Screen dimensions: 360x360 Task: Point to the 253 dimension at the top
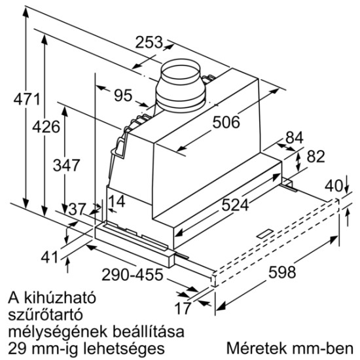[150, 43]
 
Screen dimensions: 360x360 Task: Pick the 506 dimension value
[225, 122]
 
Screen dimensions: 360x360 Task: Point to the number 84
[295, 138]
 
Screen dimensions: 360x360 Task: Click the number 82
[316, 158]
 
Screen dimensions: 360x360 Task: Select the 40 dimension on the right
[334, 185]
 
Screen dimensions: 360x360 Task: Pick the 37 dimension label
[77, 209]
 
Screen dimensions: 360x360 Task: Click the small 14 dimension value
[117, 202]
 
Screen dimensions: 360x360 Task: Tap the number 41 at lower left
[50, 257]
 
